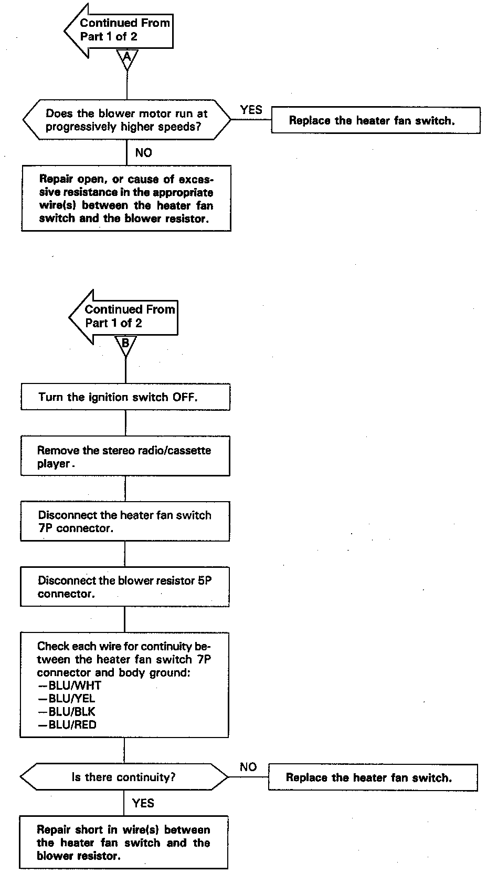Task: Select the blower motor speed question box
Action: click(x=126, y=120)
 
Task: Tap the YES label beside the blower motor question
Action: click(x=251, y=110)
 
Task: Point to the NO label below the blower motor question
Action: click(x=143, y=153)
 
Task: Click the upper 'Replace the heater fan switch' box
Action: click(x=375, y=120)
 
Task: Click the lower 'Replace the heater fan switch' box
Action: click(x=373, y=777)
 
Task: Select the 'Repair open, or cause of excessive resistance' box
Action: click(x=126, y=199)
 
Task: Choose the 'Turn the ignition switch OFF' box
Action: click(x=125, y=397)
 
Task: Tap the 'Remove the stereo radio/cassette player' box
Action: click(x=125, y=456)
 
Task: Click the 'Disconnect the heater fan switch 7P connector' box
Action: click(x=125, y=521)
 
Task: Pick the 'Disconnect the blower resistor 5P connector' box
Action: click(x=125, y=586)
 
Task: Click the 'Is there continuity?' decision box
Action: click(x=124, y=777)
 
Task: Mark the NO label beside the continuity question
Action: click(x=248, y=767)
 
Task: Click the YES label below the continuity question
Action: click(x=143, y=803)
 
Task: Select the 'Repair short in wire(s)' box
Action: click(x=124, y=842)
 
